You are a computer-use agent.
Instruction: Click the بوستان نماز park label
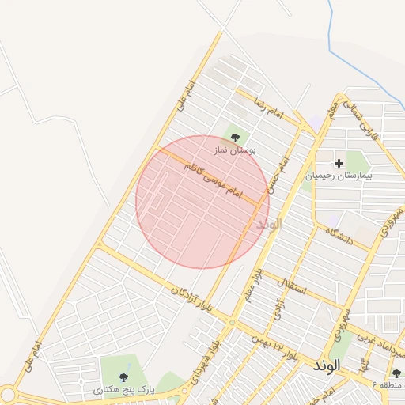click(235, 150)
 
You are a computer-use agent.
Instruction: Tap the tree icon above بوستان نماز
click(235, 138)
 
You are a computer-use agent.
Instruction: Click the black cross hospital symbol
click(339, 163)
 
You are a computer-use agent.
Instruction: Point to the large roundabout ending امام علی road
click(7, 393)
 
